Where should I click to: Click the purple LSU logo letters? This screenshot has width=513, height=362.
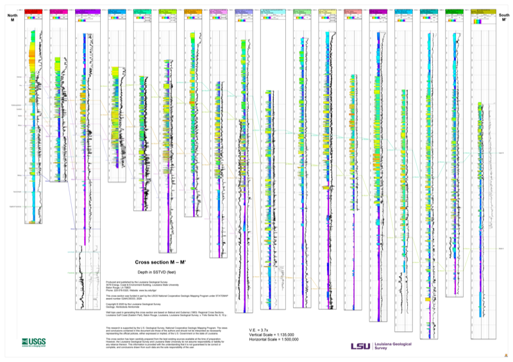click(x=360, y=346)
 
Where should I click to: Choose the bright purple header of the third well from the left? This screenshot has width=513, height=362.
click(x=85, y=12)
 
